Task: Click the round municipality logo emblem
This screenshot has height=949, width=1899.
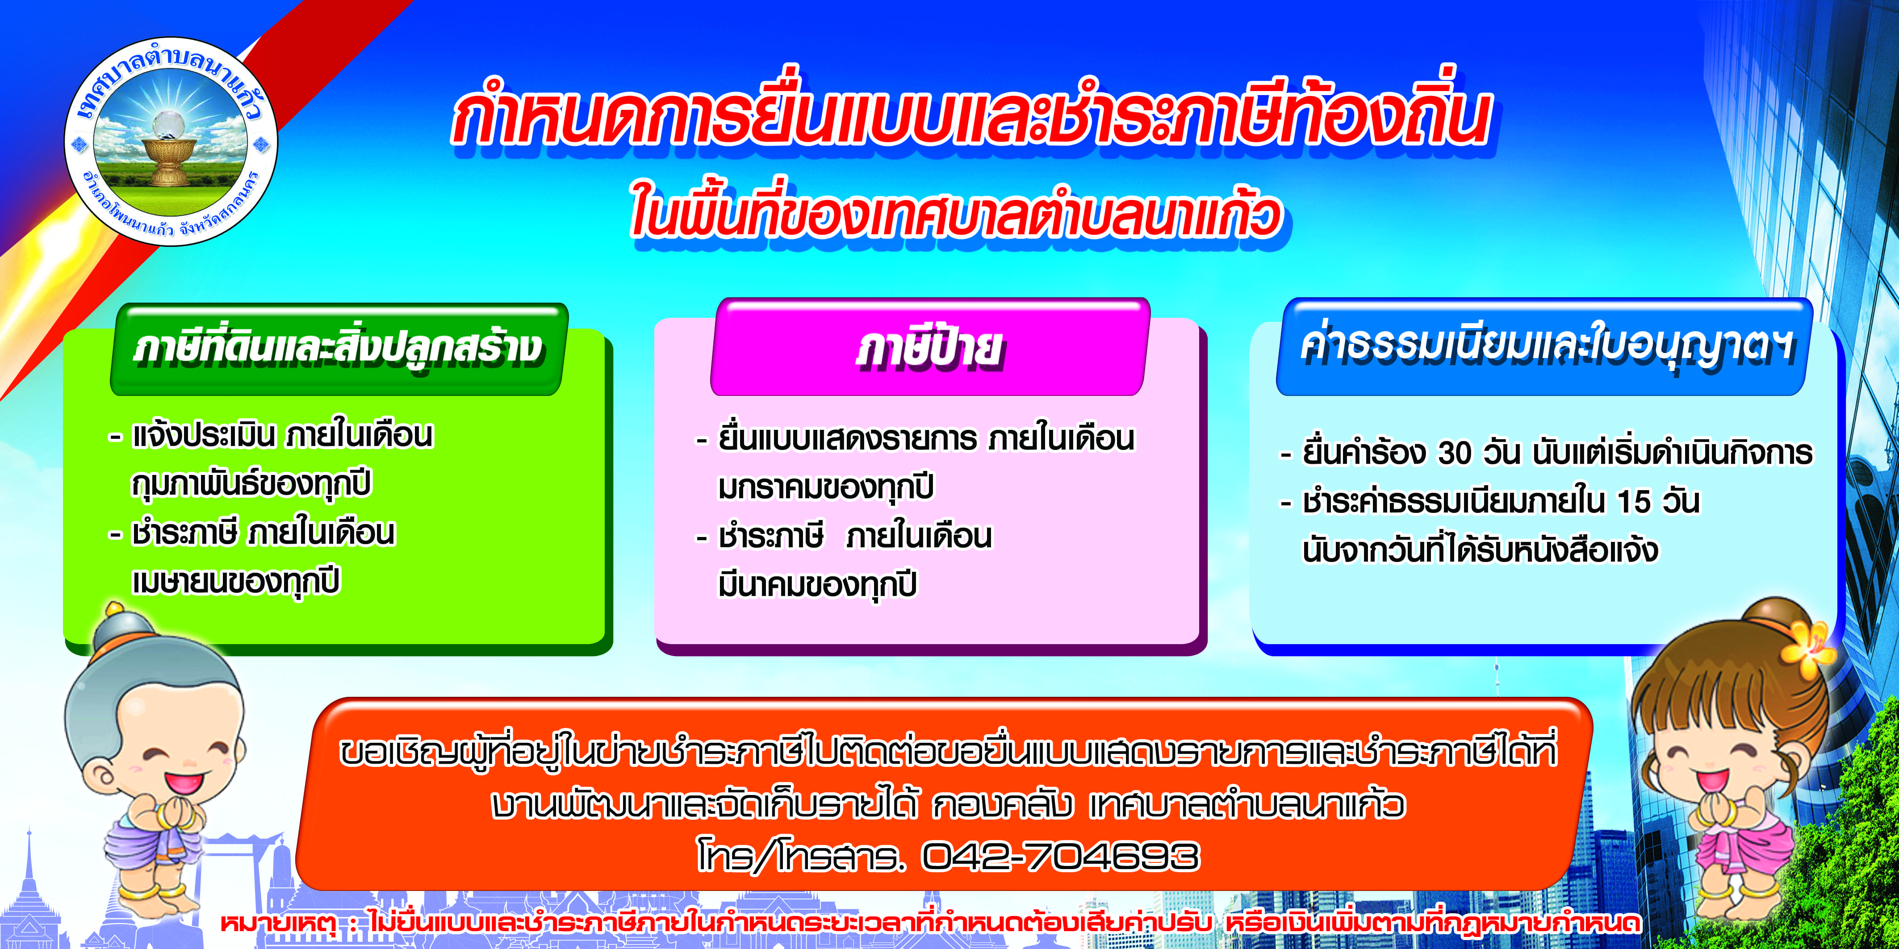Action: tap(171, 142)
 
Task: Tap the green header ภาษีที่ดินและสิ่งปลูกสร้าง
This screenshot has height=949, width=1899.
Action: tap(339, 349)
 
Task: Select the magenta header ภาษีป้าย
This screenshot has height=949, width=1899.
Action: tap(929, 347)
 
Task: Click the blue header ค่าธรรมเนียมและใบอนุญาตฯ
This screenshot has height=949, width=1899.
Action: tap(1544, 347)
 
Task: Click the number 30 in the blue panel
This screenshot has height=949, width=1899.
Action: tap(1455, 453)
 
